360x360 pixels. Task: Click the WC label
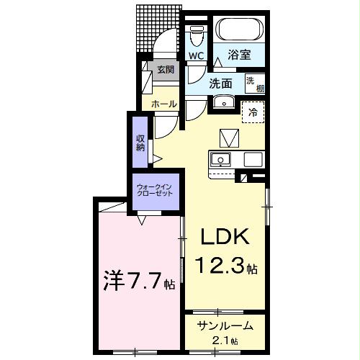click(197, 55)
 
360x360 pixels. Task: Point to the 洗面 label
click(220, 83)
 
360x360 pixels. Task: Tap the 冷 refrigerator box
click(253, 112)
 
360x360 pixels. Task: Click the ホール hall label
click(163, 104)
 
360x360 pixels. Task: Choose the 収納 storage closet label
click(140, 143)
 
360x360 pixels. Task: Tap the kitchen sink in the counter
click(220, 159)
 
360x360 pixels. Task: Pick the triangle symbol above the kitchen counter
click(229, 137)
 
